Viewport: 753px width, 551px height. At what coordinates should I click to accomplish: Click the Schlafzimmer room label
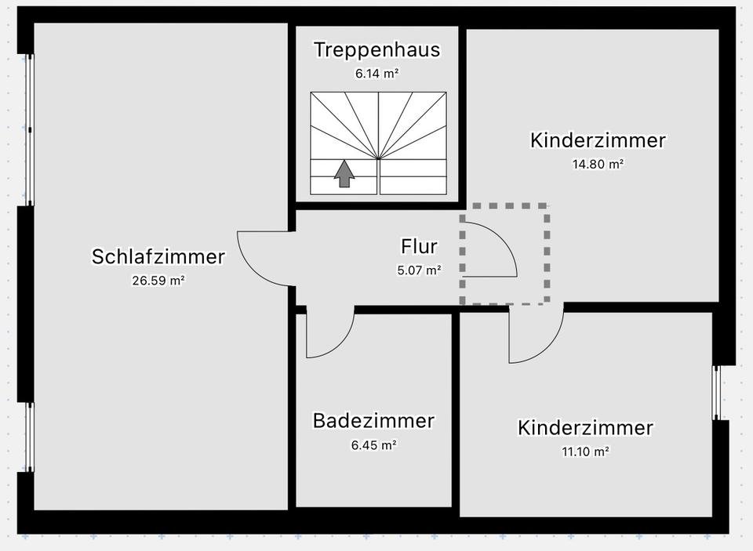158,256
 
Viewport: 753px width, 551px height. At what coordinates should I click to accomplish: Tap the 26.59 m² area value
158,280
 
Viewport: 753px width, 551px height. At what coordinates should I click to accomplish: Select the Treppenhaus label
376,50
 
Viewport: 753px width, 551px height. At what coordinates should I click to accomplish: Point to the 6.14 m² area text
376,74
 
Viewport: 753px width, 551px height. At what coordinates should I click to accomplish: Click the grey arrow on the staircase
344,174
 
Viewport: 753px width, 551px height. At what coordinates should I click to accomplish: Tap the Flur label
419,246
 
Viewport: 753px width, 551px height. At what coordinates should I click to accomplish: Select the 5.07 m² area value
419,270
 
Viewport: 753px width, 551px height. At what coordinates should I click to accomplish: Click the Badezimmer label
373,420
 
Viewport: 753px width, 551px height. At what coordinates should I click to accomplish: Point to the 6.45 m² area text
373,444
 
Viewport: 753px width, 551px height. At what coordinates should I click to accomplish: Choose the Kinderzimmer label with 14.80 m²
598,140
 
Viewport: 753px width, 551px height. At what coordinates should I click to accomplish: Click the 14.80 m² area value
598,165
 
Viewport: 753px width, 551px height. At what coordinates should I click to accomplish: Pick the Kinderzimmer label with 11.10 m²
585,428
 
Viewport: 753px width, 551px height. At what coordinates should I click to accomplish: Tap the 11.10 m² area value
585,451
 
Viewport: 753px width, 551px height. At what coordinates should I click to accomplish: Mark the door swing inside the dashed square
488,251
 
